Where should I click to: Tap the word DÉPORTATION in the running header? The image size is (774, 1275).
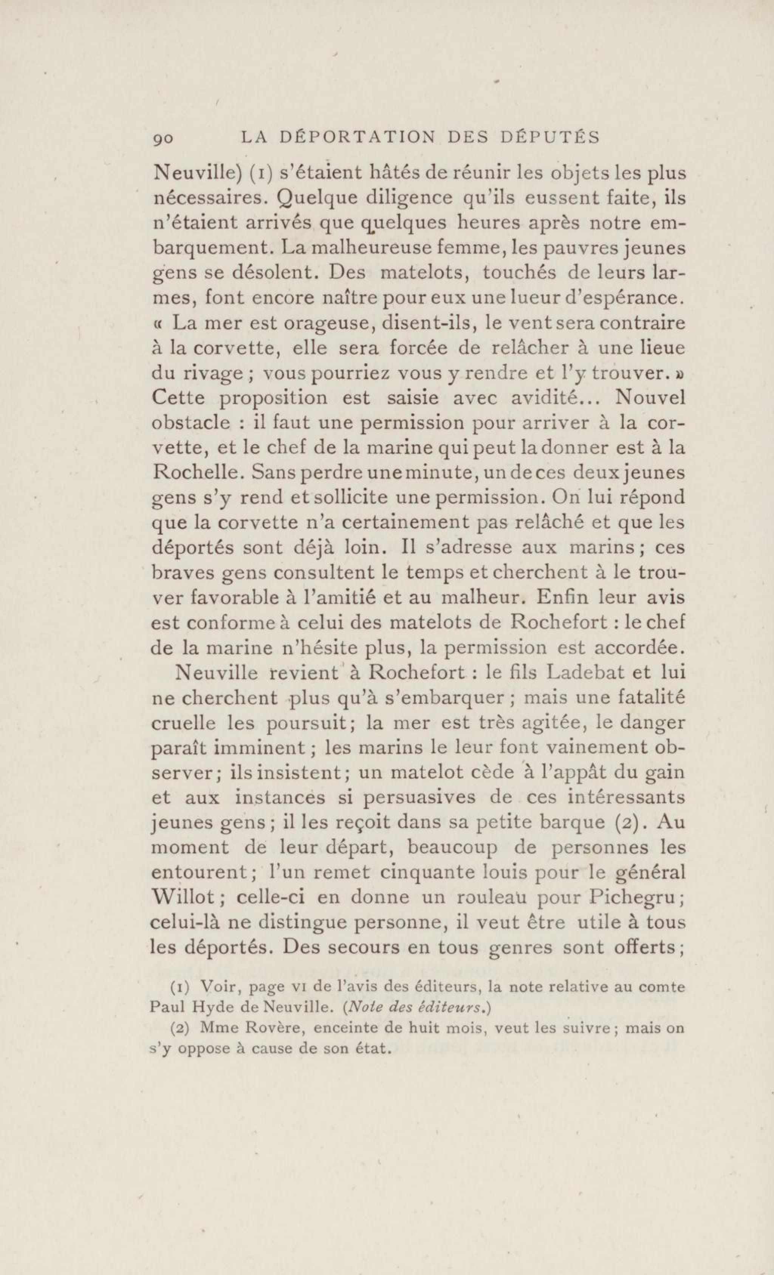[357, 137]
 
